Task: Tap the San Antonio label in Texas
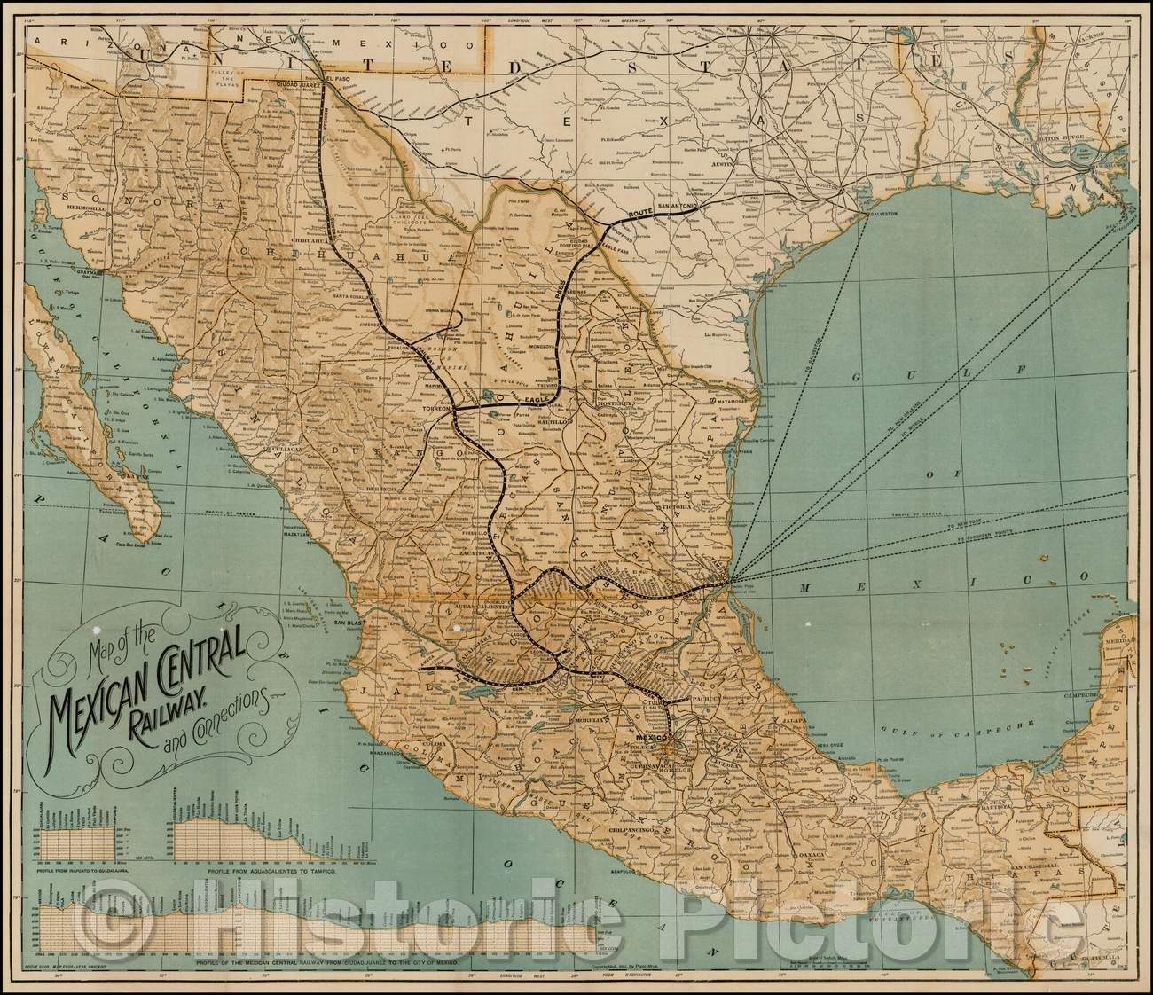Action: click(x=680, y=205)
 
